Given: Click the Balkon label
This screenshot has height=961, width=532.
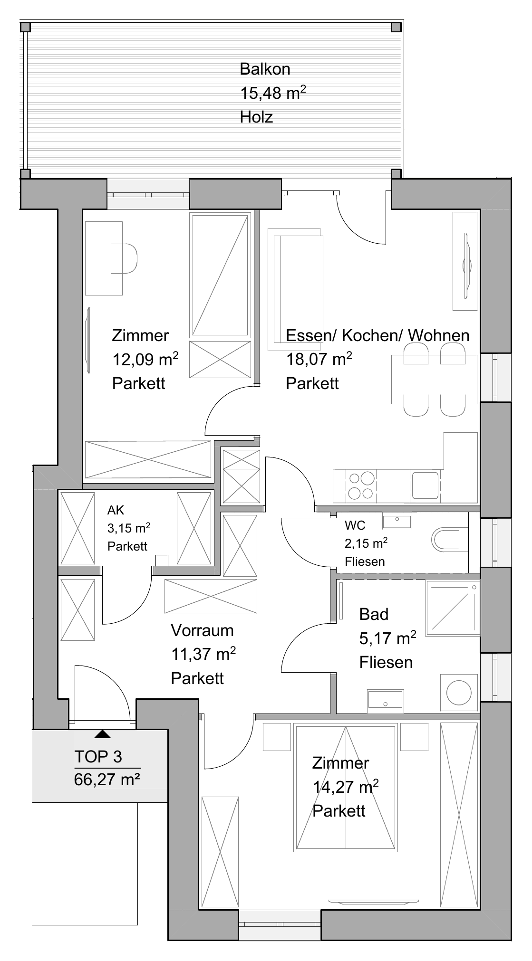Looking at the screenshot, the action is pos(265,69).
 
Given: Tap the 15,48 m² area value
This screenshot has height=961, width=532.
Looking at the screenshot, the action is pos(272,93).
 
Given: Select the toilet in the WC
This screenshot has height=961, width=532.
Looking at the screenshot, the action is pos(446,539).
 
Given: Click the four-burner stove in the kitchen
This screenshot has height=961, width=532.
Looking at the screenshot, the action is pos(361,485).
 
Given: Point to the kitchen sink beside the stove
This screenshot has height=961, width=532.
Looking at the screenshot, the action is pos(425,485).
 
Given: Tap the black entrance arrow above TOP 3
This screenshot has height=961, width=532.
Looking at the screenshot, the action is pos(102,734).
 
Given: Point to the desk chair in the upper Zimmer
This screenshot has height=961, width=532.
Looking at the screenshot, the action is pos(124,258).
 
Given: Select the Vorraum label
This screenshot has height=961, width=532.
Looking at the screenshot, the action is pos(202,631).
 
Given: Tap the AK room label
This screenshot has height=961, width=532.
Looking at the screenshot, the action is pos(116,510).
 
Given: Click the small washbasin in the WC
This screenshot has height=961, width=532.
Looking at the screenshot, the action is pos(397,521).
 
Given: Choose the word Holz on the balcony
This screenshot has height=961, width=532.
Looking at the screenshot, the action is pos(256,117).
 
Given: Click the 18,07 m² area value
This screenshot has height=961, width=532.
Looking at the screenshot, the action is pos(319,360).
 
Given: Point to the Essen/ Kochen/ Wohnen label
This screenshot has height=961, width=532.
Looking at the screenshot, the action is pos(377,335).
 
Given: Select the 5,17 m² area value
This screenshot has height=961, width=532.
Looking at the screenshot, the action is pos(387,638).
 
